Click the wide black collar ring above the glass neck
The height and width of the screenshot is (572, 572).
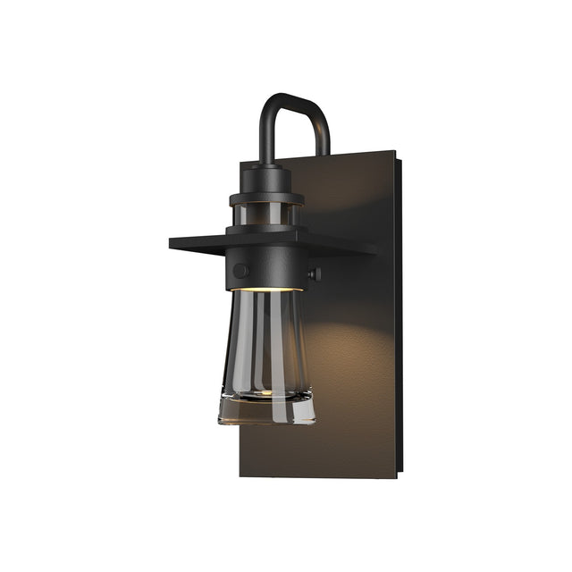point(265,198)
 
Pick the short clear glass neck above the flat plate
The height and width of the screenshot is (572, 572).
point(265,215)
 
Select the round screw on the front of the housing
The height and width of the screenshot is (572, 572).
point(240,269)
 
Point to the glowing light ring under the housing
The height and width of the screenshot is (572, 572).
point(265,290)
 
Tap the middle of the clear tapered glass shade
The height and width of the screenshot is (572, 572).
point(265,344)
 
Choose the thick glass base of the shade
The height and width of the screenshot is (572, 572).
point(265,409)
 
